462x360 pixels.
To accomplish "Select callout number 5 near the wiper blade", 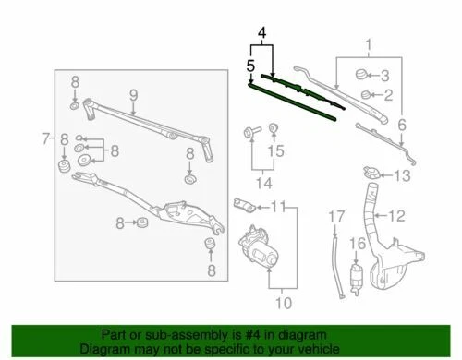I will [x=250, y=66].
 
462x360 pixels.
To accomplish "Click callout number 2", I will [x=389, y=94].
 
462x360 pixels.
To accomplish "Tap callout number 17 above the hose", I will [x=336, y=216].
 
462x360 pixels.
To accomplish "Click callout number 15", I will [x=273, y=150].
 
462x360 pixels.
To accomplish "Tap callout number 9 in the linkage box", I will [x=132, y=93].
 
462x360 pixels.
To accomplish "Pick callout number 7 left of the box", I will [x=45, y=139].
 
